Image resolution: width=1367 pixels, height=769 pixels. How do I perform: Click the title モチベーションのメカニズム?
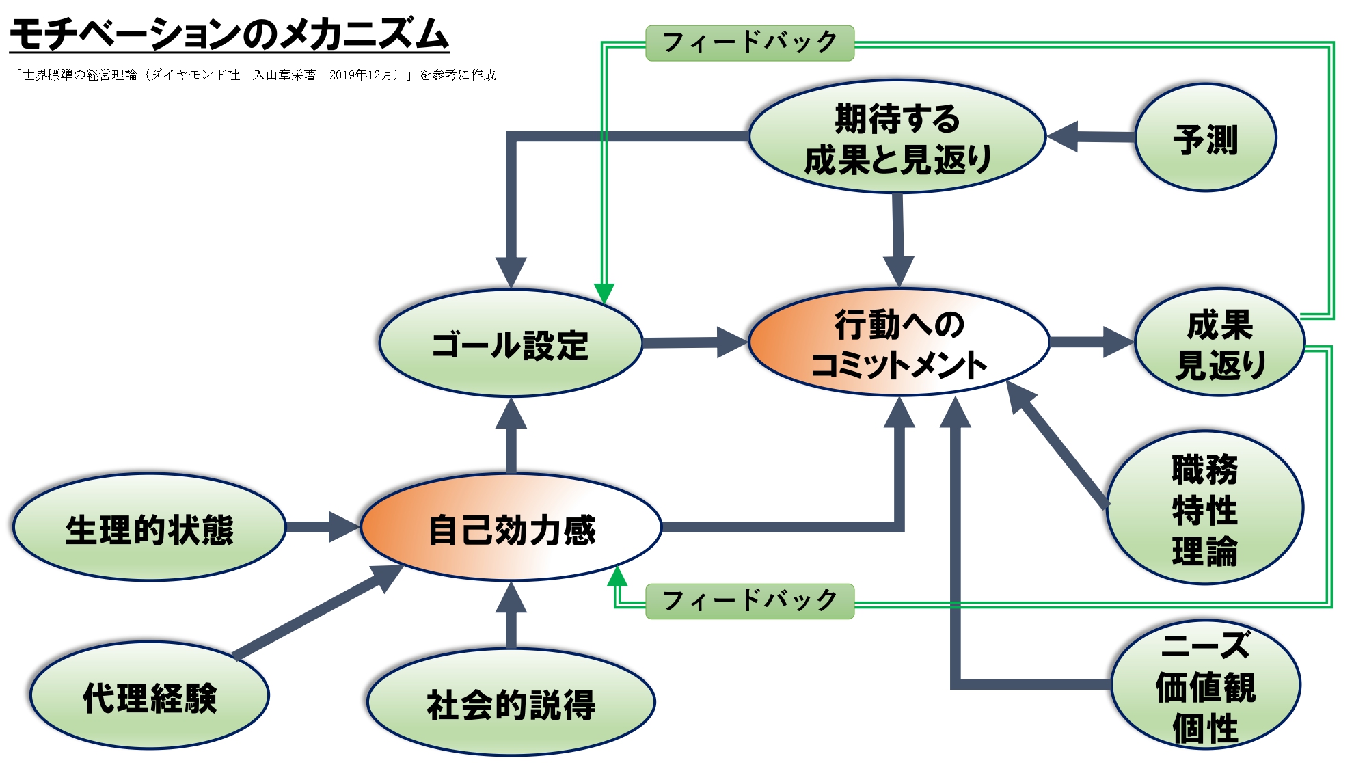tap(229, 34)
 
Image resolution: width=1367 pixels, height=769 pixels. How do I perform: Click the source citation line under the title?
tap(254, 75)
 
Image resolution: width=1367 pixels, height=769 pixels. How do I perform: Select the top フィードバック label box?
tap(750, 43)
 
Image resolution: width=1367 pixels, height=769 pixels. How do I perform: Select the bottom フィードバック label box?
tap(750, 601)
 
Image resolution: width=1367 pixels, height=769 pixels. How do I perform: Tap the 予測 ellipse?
tap(1206, 138)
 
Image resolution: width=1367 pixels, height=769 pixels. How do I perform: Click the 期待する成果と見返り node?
tap(897, 138)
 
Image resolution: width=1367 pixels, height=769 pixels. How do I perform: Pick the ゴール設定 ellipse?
tap(511, 344)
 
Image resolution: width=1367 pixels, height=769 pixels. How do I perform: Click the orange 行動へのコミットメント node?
tap(898, 343)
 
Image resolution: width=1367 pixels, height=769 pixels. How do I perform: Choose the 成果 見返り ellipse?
tap(1220, 343)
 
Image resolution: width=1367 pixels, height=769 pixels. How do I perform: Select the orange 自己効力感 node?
tap(511, 528)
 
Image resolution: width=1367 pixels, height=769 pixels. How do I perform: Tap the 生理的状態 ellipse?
tap(149, 528)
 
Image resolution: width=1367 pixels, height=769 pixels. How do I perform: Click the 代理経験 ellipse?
tap(149, 697)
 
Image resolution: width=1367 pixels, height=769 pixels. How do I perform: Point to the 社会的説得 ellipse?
tap(511, 703)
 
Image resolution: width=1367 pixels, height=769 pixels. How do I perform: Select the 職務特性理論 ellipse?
tap(1205, 509)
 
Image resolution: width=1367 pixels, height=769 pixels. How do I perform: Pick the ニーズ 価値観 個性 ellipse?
tap(1206, 686)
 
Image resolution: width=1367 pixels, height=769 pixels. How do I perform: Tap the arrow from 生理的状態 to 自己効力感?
tap(321, 526)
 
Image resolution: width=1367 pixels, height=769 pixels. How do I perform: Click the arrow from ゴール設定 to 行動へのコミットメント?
tap(694, 342)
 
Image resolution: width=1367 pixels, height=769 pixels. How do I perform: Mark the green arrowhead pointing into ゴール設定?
tap(604, 293)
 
